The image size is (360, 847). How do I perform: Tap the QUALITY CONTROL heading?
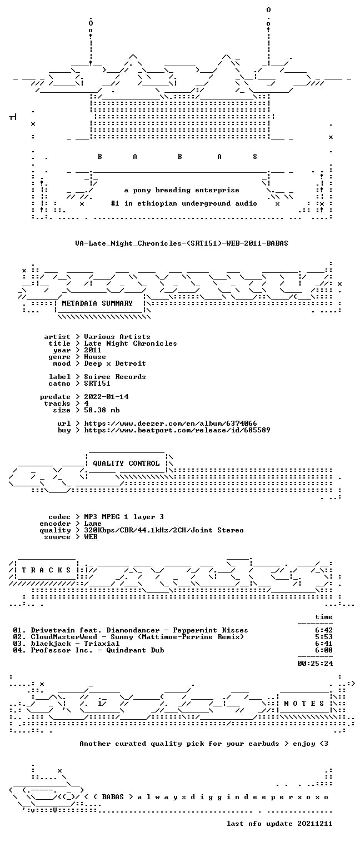[126, 463]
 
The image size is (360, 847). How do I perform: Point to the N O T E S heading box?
[304, 703]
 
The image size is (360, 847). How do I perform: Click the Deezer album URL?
[171, 423]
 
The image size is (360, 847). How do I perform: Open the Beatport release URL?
[177, 430]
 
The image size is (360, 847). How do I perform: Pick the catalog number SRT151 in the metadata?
[97, 383]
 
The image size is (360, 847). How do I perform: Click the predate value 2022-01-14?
[106, 397]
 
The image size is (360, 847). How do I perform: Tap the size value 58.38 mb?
[102, 410]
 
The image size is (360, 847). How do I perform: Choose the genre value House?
[95, 357]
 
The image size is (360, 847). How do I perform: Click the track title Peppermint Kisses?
[211, 630]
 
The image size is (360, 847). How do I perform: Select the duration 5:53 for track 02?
[324, 637]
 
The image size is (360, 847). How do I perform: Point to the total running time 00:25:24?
[315, 664]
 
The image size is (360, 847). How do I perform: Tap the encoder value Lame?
[93, 524]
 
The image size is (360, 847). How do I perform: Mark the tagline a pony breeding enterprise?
[182, 190]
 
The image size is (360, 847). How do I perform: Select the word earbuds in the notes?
[263, 744]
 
